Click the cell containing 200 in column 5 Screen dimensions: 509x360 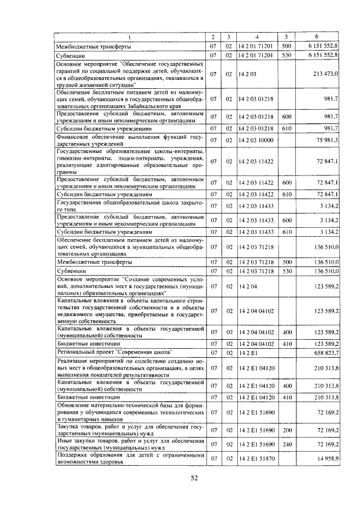point(286,430)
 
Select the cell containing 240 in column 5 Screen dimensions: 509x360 point(286,444)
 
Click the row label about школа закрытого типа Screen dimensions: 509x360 point(129,206)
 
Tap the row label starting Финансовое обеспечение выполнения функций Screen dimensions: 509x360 point(129,140)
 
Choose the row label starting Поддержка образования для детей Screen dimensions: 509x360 point(129,459)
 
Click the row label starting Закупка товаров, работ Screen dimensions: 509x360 point(129,430)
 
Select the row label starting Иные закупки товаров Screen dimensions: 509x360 point(129,444)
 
